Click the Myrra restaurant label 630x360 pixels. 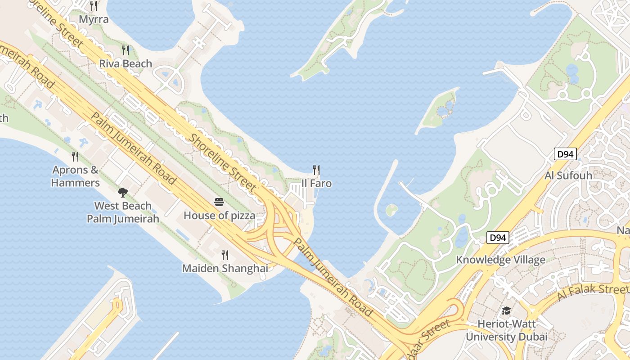click(94, 19)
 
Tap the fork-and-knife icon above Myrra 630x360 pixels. click(94, 6)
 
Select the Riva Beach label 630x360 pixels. click(126, 63)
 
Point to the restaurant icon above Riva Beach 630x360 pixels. click(126, 50)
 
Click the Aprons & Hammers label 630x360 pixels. click(75, 176)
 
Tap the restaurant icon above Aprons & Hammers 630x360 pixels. click(75, 157)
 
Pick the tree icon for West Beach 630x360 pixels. click(122, 193)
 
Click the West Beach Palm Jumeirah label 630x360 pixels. click(123, 212)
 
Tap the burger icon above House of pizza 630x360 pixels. click(219, 202)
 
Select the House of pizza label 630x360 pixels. click(219, 216)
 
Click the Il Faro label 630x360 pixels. click(316, 183)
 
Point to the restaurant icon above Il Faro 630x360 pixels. click(316, 170)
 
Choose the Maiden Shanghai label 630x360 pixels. click(225, 269)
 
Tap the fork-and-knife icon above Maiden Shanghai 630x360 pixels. click(225, 255)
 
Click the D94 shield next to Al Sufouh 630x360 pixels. click(565, 154)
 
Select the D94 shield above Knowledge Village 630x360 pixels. click(498, 238)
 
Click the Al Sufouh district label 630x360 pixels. click(568, 175)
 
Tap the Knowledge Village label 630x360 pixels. click(500, 260)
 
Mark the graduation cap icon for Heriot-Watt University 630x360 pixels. click(506, 311)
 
